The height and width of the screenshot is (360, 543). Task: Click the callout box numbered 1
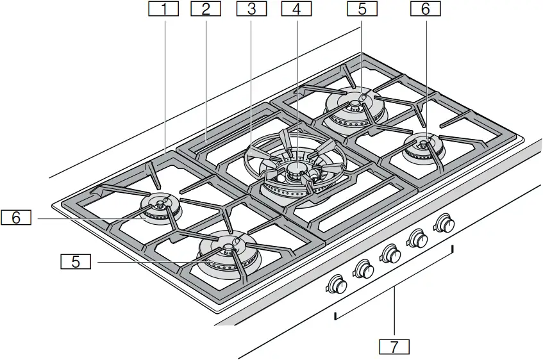coord(163,9)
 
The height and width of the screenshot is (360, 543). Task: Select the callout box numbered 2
coord(205,9)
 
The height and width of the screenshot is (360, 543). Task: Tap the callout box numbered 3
coord(251,9)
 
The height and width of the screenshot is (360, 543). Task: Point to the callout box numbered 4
coord(295,9)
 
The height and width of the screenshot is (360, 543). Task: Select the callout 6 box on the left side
coord(17,218)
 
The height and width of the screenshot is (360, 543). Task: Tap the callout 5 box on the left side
coord(76,261)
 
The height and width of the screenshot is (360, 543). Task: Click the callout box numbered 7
coord(394,347)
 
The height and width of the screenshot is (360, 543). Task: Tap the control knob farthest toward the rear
coord(444,224)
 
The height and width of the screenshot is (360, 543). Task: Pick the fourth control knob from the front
coord(419,238)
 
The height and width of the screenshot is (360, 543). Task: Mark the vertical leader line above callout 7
coord(394,313)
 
